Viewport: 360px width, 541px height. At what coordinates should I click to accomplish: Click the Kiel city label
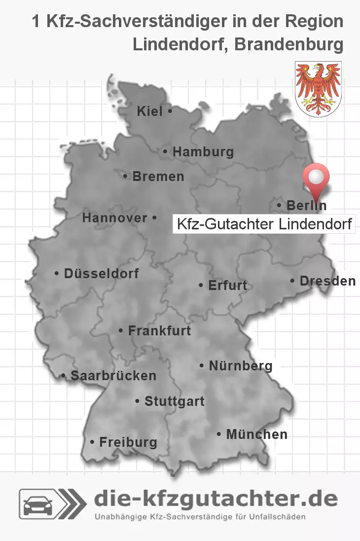150,112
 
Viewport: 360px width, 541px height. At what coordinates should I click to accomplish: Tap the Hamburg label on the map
203,152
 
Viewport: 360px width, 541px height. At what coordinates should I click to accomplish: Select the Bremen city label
158,176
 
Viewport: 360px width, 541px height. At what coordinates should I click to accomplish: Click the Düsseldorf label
101,273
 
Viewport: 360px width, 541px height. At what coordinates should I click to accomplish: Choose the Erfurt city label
227,286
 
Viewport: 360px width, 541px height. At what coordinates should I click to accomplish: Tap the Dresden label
327,281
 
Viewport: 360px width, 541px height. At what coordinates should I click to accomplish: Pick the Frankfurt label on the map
159,330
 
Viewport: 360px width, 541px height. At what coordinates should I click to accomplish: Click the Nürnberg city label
240,366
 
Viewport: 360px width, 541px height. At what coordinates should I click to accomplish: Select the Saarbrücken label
113,376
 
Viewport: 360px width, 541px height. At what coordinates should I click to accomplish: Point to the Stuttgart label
174,401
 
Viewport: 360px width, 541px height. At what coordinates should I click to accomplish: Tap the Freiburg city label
128,442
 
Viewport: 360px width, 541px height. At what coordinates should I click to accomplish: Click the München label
256,434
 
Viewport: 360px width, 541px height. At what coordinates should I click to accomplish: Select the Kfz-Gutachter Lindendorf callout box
264,224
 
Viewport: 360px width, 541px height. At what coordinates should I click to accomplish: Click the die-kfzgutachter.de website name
216,499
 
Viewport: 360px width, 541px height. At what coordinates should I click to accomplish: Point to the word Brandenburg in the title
289,44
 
